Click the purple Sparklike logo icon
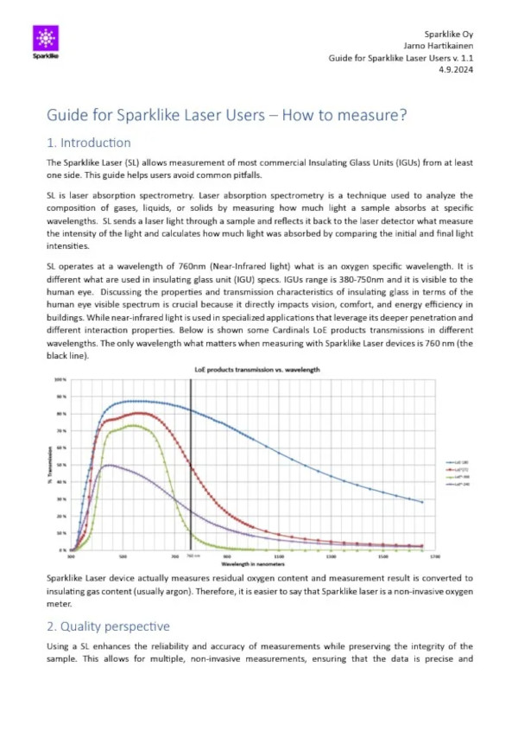pos(47,38)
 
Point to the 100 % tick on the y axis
pos(60,379)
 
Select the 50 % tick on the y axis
pos(60,465)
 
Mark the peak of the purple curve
pos(108,465)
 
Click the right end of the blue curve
pos(422,502)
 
